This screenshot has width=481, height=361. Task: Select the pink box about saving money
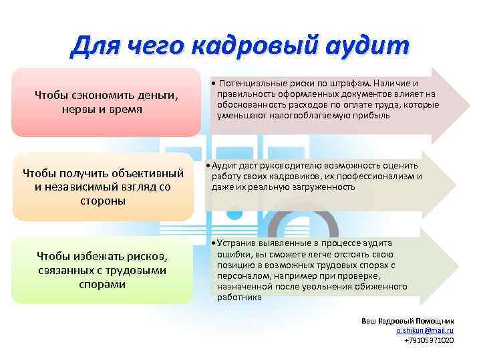tap(107, 102)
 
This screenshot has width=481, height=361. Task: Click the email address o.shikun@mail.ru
tap(425, 330)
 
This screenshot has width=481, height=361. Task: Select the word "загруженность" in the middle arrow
tap(326, 187)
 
